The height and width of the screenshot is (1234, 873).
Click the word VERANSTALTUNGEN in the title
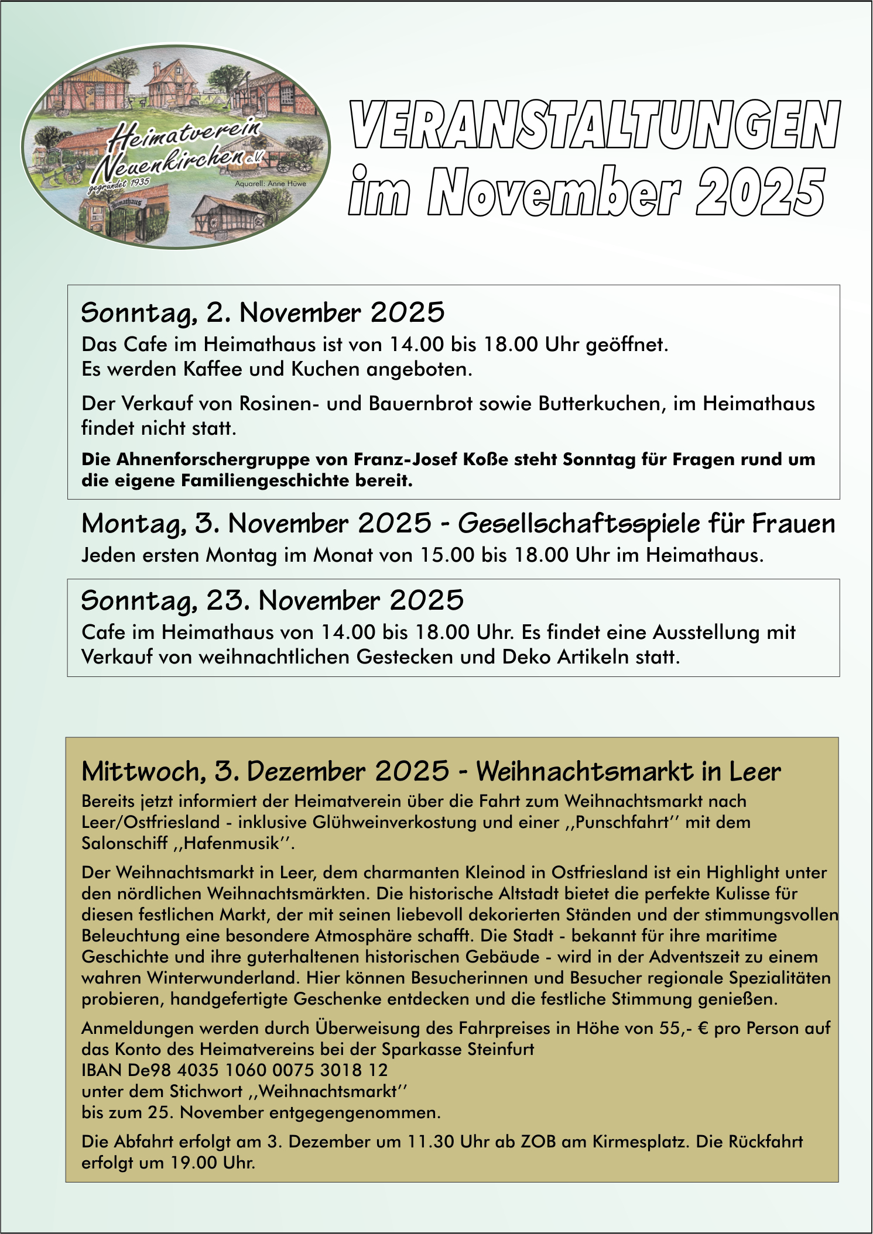[595, 125]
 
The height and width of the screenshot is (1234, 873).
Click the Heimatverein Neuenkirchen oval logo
[176, 146]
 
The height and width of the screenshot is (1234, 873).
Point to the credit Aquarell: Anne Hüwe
[270, 184]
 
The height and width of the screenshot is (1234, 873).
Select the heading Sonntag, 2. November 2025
[263, 312]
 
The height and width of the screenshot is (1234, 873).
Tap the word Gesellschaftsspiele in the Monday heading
[578, 524]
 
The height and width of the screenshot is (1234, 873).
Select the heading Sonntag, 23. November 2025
[272, 601]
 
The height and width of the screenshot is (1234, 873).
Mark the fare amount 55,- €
[684, 1029]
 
